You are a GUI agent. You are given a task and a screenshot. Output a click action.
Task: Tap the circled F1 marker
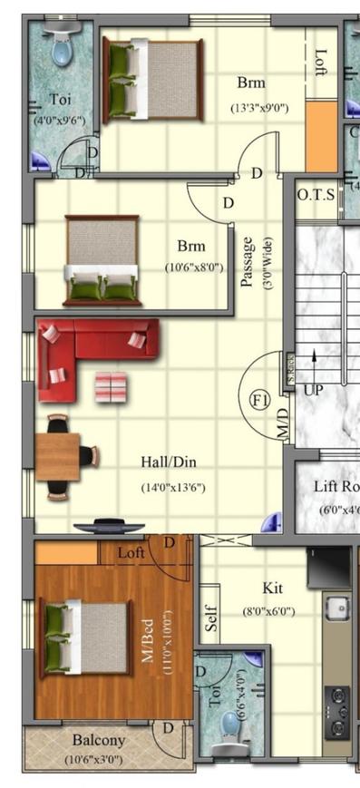(261, 398)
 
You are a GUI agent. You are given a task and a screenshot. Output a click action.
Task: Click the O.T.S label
(316, 194)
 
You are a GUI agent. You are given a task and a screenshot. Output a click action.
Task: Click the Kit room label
(273, 588)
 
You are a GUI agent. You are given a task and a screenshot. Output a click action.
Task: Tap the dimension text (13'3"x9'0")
(259, 108)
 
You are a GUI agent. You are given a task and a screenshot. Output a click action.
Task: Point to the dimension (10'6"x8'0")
(193, 268)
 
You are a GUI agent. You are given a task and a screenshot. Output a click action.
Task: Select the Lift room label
(336, 486)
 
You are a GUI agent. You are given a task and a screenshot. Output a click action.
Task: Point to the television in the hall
(109, 527)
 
